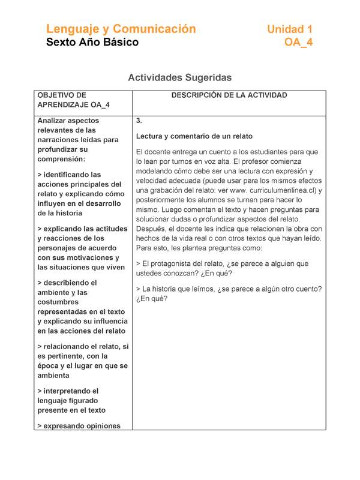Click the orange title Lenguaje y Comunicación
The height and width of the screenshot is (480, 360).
(121, 29)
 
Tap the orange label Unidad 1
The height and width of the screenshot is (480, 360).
(289, 29)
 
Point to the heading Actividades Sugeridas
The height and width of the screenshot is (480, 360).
(179, 78)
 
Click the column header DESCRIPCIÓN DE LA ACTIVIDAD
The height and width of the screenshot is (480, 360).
(229, 95)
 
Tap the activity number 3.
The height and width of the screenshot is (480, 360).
(139, 121)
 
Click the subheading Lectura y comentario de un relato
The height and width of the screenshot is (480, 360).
(194, 136)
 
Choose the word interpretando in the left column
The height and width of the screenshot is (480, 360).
(71, 391)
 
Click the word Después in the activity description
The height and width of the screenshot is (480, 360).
(152, 229)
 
